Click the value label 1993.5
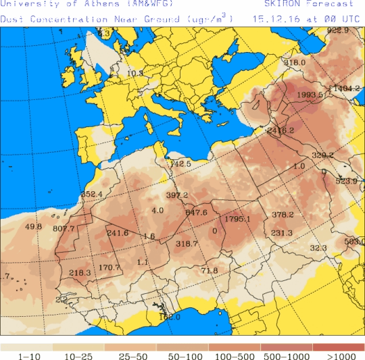tap(310, 95)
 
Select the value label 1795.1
tap(237, 219)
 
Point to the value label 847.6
tap(196, 213)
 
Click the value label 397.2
tap(176, 195)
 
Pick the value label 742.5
tap(180, 164)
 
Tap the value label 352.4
tap(91, 195)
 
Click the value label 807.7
tap(64, 229)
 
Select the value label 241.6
tap(117, 233)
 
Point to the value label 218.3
tap(80, 273)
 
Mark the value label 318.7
tap(186, 244)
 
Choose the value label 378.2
tap(283, 215)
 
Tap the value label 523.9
tap(346, 181)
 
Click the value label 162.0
tap(170, 317)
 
